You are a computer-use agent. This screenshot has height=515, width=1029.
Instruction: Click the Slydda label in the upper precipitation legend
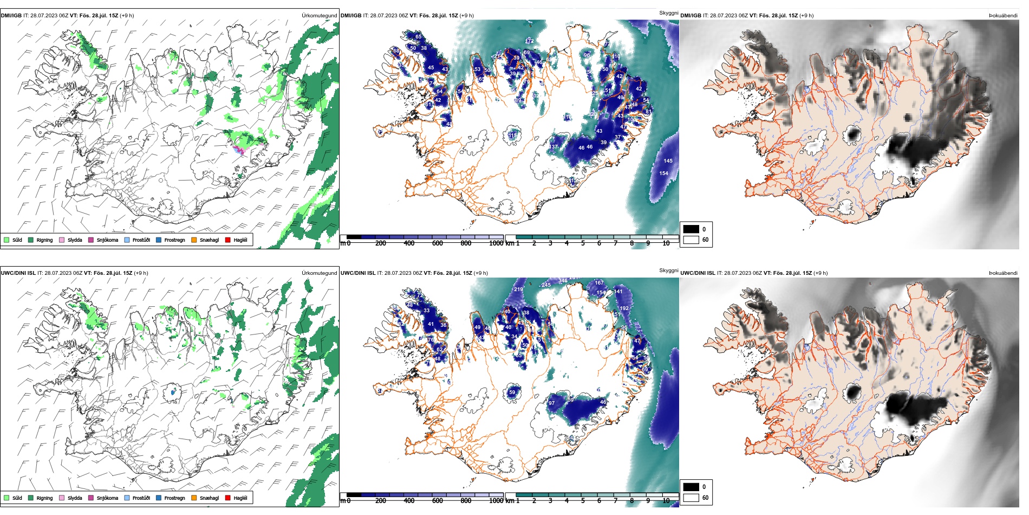(75, 240)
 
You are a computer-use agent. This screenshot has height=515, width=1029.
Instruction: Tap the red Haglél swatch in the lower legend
(227, 498)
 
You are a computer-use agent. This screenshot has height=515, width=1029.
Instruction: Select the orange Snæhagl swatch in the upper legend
(194, 240)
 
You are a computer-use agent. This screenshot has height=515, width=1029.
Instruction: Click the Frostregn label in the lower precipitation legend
(174, 498)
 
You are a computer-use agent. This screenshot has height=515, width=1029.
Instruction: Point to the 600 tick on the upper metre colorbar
(437, 243)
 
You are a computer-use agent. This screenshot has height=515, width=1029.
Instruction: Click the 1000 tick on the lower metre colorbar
(496, 501)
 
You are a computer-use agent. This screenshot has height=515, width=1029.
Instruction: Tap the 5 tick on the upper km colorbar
(583, 243)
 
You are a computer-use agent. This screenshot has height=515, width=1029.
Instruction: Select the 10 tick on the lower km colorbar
(666, 501)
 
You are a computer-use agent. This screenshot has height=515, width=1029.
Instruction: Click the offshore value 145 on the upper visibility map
(668, 161)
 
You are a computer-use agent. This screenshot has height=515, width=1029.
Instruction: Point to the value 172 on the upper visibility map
(529, 41)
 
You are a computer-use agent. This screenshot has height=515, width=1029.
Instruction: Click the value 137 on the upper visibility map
(553, 147)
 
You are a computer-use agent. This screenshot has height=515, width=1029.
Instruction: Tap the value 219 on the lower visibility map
(518, 289)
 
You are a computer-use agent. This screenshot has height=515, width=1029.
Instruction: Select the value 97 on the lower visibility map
(551, 403)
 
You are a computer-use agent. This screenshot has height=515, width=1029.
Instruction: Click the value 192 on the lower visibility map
(624, 308)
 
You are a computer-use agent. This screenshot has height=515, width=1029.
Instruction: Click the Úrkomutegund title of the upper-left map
(319, 16)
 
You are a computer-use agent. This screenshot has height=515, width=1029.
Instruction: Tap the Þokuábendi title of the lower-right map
(1003, 273)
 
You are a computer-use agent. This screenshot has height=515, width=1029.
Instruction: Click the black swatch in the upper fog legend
(691, 229)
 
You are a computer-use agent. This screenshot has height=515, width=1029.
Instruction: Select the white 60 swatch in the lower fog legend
(691, 498)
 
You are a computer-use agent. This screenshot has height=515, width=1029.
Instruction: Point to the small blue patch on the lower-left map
(173, 391)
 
